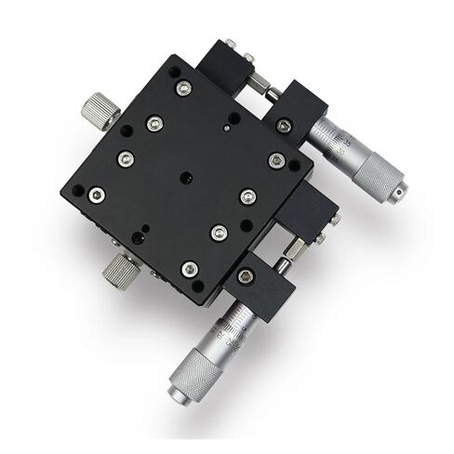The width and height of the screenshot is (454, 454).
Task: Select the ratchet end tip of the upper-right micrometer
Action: (401, 193)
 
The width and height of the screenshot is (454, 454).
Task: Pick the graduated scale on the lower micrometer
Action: (227, 324)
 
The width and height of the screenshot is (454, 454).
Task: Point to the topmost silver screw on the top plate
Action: (184, 88)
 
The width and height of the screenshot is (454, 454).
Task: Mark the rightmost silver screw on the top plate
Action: (274, 160)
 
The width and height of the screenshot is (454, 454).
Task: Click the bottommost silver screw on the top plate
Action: (190, 268)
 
